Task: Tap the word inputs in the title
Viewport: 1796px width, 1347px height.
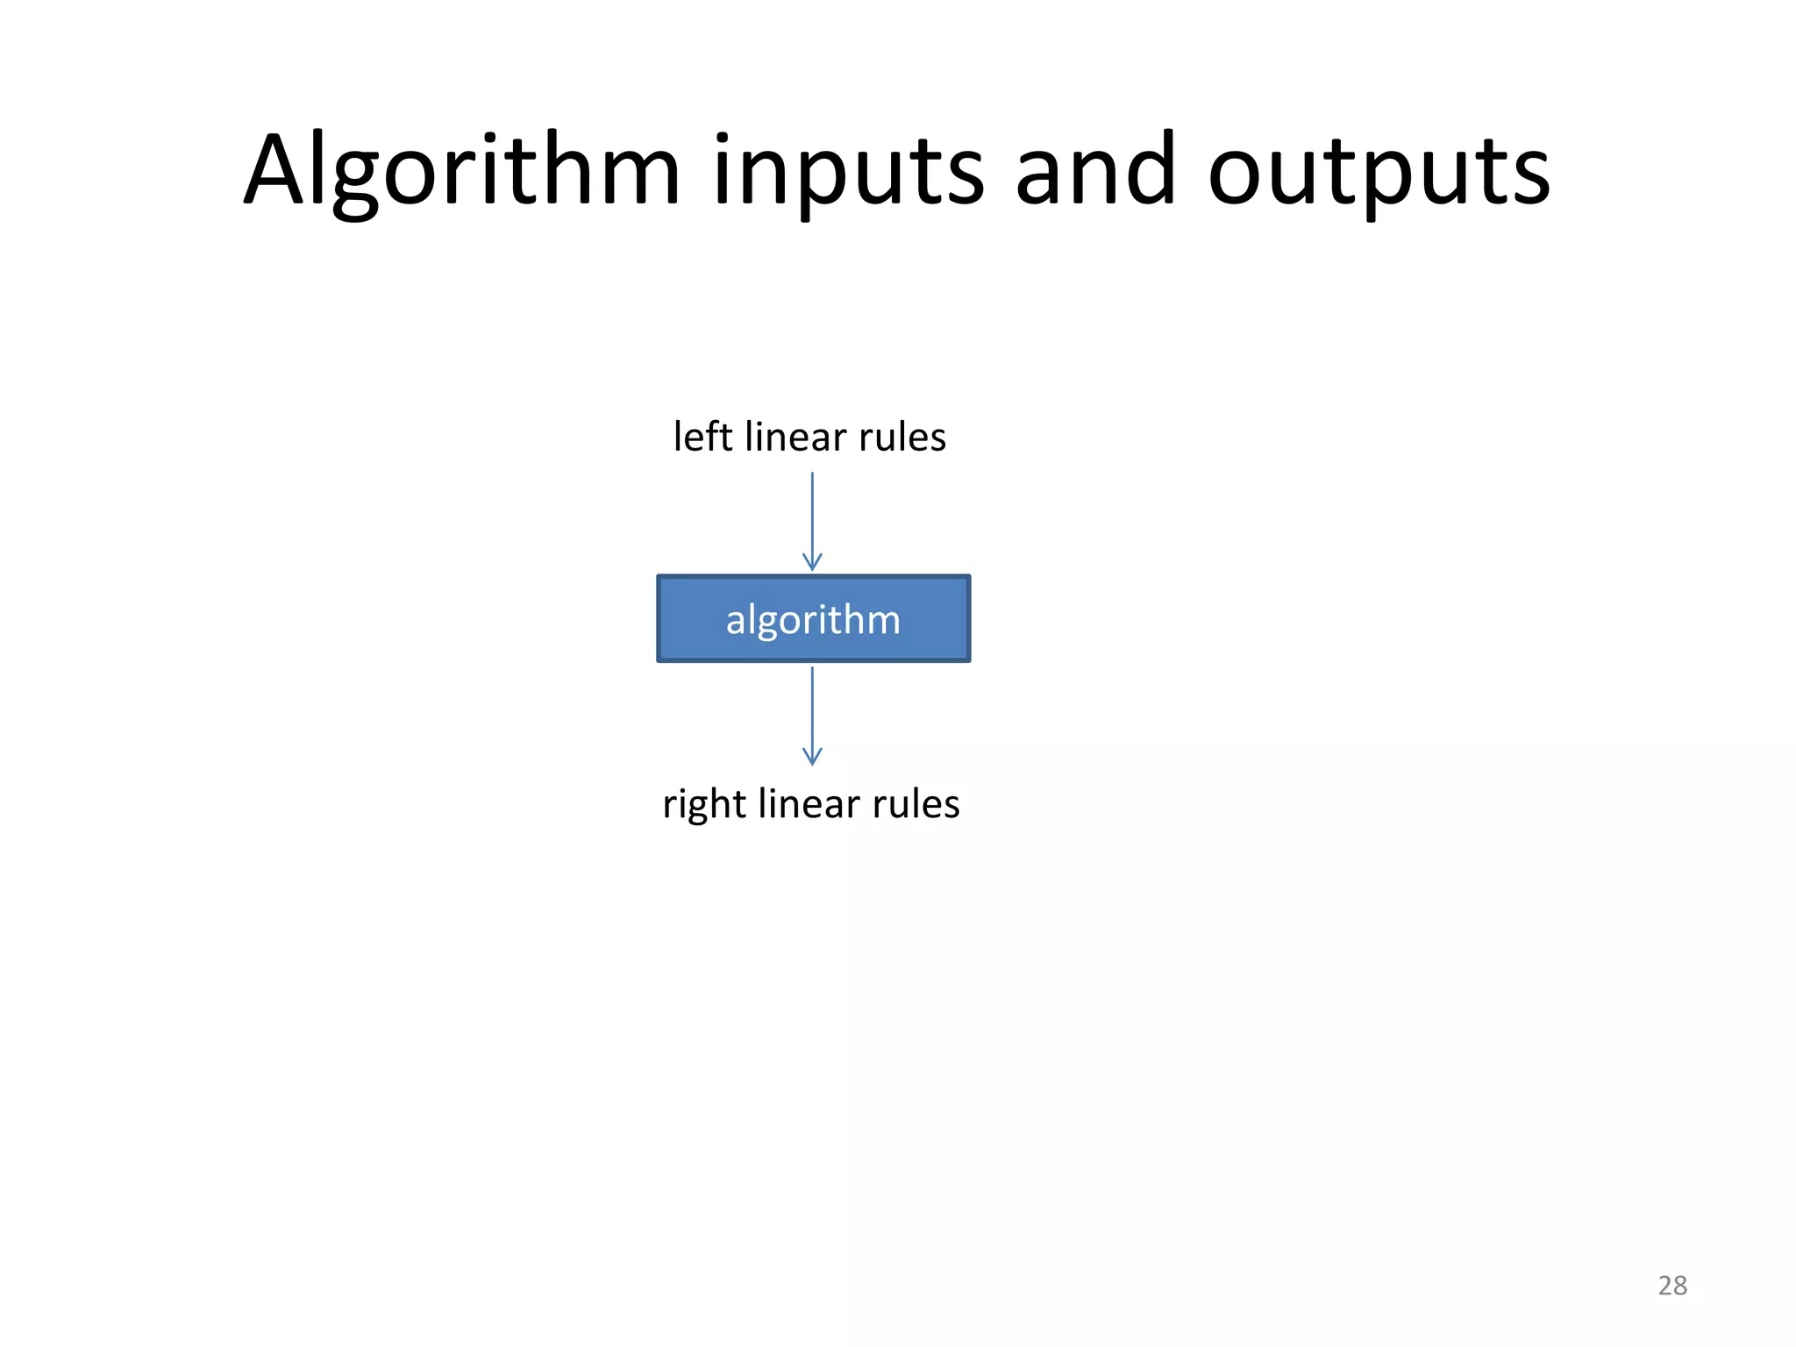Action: coord(848,171)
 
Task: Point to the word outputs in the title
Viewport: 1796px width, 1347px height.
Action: coord(1379,171)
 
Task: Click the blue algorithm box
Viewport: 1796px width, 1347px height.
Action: coord(813,618)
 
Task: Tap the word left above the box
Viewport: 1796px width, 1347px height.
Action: coord(702,436)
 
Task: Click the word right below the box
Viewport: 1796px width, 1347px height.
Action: coord(703,804)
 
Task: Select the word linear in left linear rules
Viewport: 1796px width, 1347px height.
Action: coord(795,436)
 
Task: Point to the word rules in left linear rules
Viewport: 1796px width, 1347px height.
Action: coord(902,436)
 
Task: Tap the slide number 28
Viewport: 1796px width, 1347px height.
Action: coord(1672,1286)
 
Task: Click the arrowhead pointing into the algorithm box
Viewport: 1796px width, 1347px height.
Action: coord(812,562)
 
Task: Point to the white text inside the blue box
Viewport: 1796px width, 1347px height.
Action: coord(813,620)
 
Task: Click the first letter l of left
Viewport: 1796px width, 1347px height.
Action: coord(677,436)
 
